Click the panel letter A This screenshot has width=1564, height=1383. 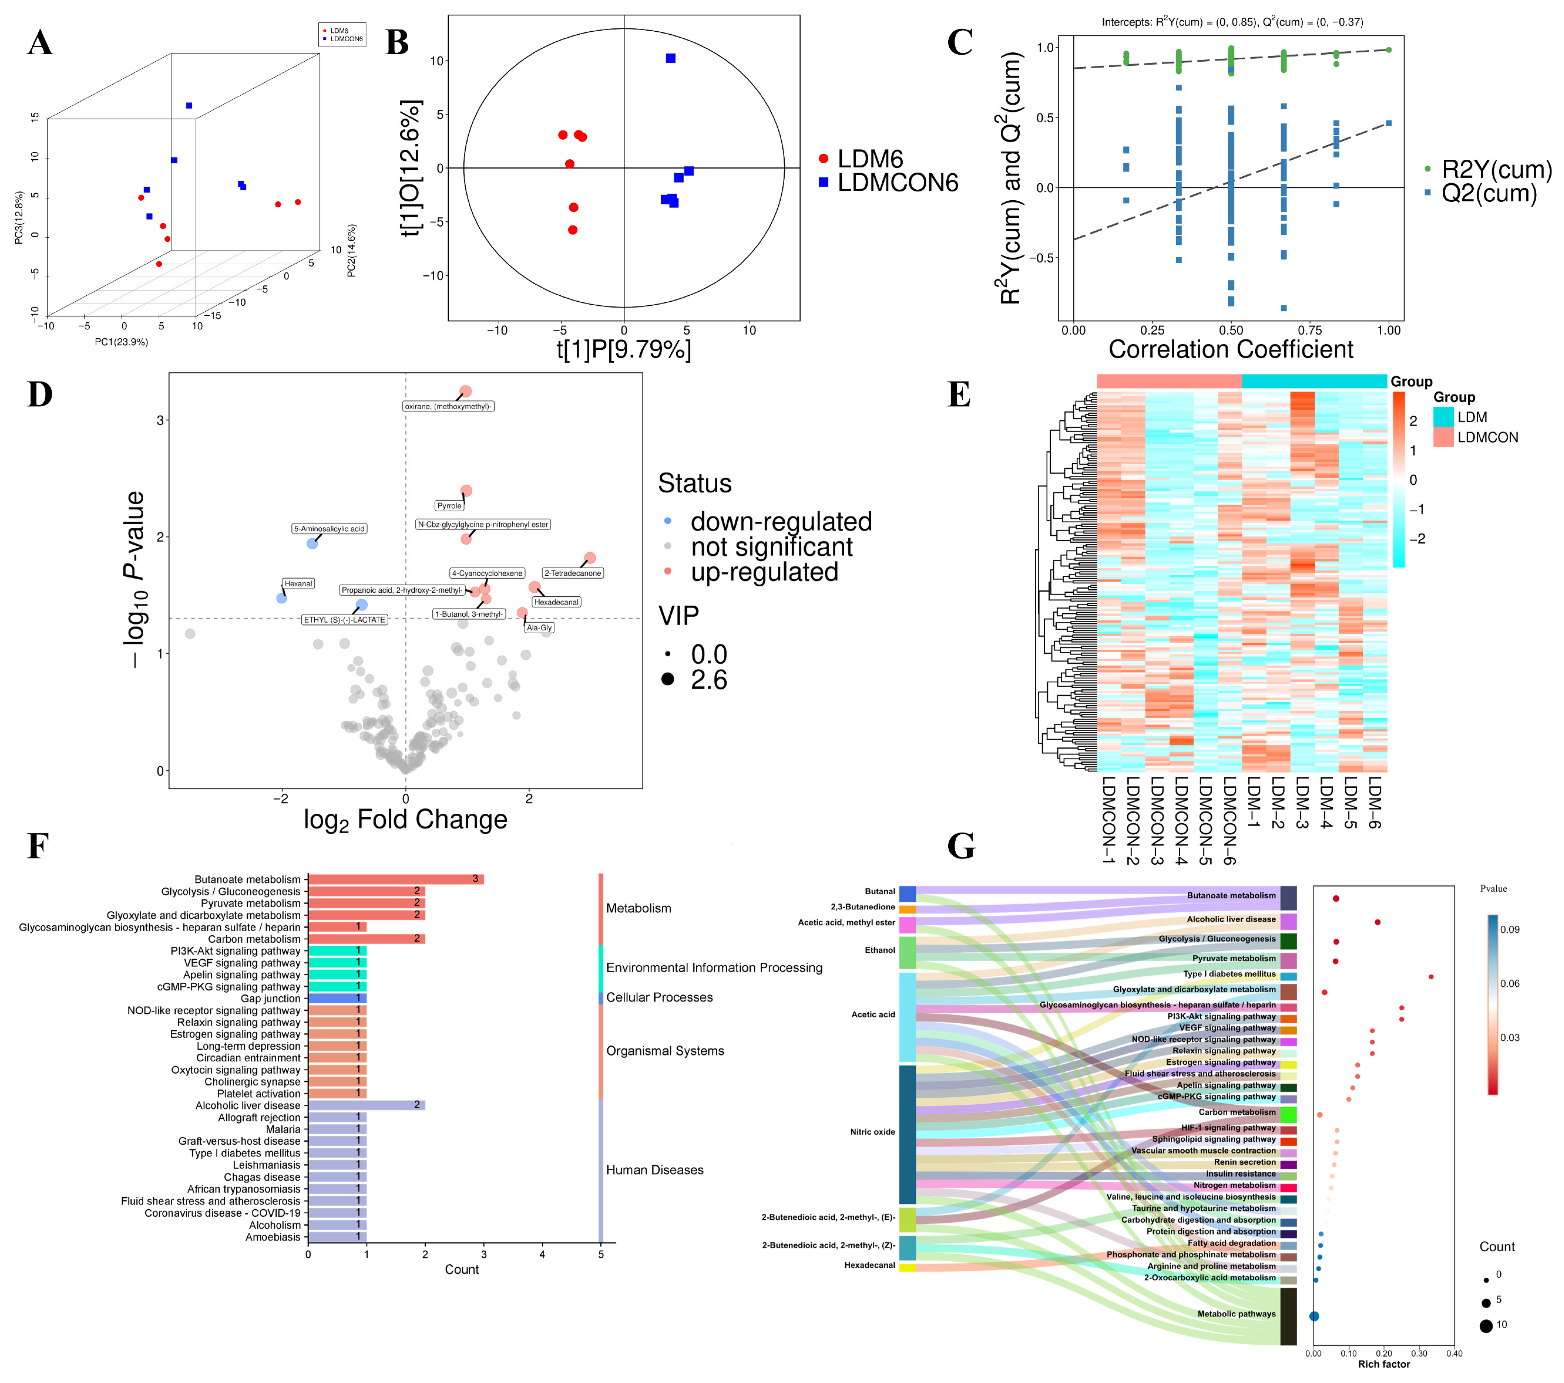pyautogui.click(x=40, y=43)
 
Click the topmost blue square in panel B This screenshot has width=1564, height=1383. pyautogui.click(x=670, y=58)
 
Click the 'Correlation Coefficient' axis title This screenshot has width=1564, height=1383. pyautogui.click(x=1230, y=350)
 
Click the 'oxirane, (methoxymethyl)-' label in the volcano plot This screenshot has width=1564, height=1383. pyautogui.click(x=448, y=406)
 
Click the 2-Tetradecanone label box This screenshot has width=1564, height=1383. pyautogui.click(x=572, y=573)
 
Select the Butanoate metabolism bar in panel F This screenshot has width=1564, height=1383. pyautogui.click(x=395, y=880)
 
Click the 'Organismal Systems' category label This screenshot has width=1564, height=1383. pyautogui.click(x=665, y=1051)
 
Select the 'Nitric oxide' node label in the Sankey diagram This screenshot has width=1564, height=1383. pyautogui.click(x=872, y=1132)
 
